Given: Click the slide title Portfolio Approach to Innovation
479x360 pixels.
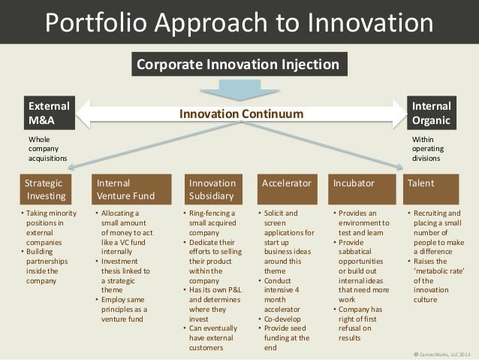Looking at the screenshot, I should [239, 22].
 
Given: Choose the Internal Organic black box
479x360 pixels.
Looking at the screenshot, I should [432, 113].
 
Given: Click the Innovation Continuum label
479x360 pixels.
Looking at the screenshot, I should [240, 114].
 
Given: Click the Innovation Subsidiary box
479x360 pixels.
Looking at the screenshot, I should [214, 189].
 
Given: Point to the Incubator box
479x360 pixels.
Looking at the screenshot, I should [363, 183].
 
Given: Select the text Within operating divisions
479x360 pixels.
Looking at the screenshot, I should [429, 149].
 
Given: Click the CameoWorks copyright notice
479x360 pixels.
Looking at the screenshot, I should [444, 354].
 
